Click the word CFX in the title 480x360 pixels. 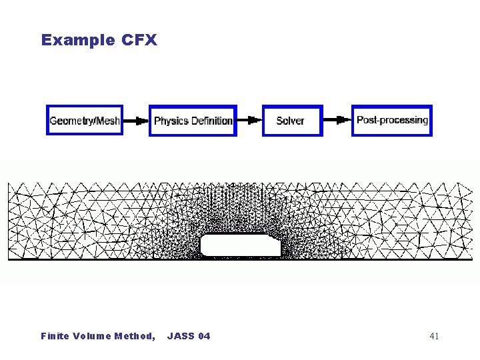coord(139,40)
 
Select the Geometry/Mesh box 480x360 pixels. coord(85,120)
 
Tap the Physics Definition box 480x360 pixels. coord(193,120)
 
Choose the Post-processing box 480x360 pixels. coord(392,120)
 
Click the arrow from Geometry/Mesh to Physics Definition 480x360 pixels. coord(136,121)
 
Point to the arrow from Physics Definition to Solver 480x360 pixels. coord(249,120)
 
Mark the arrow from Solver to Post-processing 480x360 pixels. coord(337,120)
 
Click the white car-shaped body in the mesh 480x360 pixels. coord(241,245)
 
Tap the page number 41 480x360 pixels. coord(434,336)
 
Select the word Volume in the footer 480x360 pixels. coord(91,336)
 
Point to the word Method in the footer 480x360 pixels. coord(135,336)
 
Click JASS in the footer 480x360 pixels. coord(178,336)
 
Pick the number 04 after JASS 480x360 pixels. coord(203,336)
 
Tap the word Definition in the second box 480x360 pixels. coord(212,121)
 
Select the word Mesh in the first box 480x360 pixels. coord(108,121)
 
